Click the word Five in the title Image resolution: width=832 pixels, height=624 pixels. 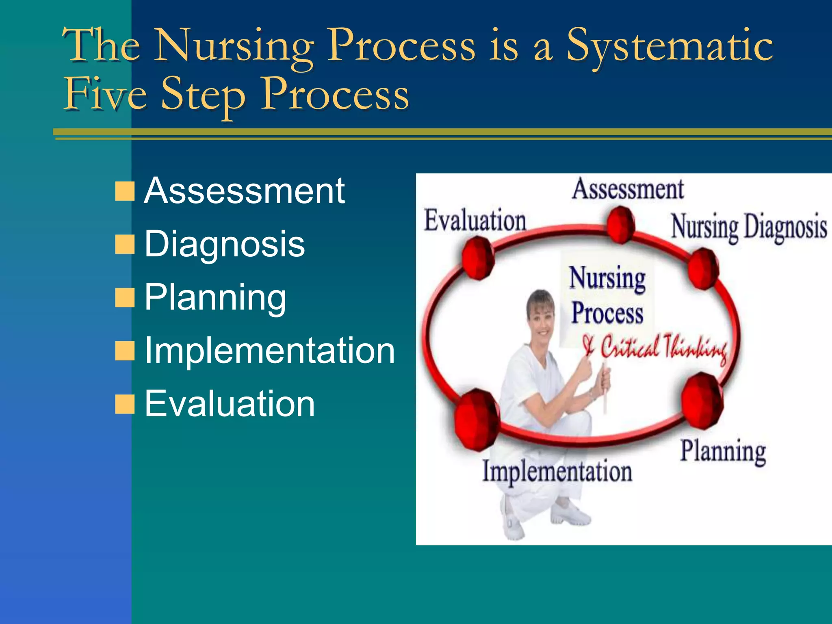[x=106, y=94]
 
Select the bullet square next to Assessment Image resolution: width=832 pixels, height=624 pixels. [x=125, y=191]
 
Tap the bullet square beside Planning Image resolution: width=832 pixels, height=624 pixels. [x=125, y=298]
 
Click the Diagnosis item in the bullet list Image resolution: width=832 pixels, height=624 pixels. [x=225, y=244]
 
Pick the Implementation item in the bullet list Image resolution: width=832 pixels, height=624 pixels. [x=270, y=351]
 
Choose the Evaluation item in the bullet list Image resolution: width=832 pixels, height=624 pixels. [x=230, y=404]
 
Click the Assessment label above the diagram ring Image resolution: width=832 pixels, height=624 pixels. [x=628, y=189]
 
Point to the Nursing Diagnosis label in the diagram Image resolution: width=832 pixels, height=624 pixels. [x=749, y=227]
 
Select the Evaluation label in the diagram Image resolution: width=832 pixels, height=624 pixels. [x=475, y=221]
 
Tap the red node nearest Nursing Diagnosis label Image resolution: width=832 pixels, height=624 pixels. [x=703, y=269]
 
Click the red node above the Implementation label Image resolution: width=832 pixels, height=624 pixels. [x=477, y=419]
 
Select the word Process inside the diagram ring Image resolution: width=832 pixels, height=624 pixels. [x=607, y=314]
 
